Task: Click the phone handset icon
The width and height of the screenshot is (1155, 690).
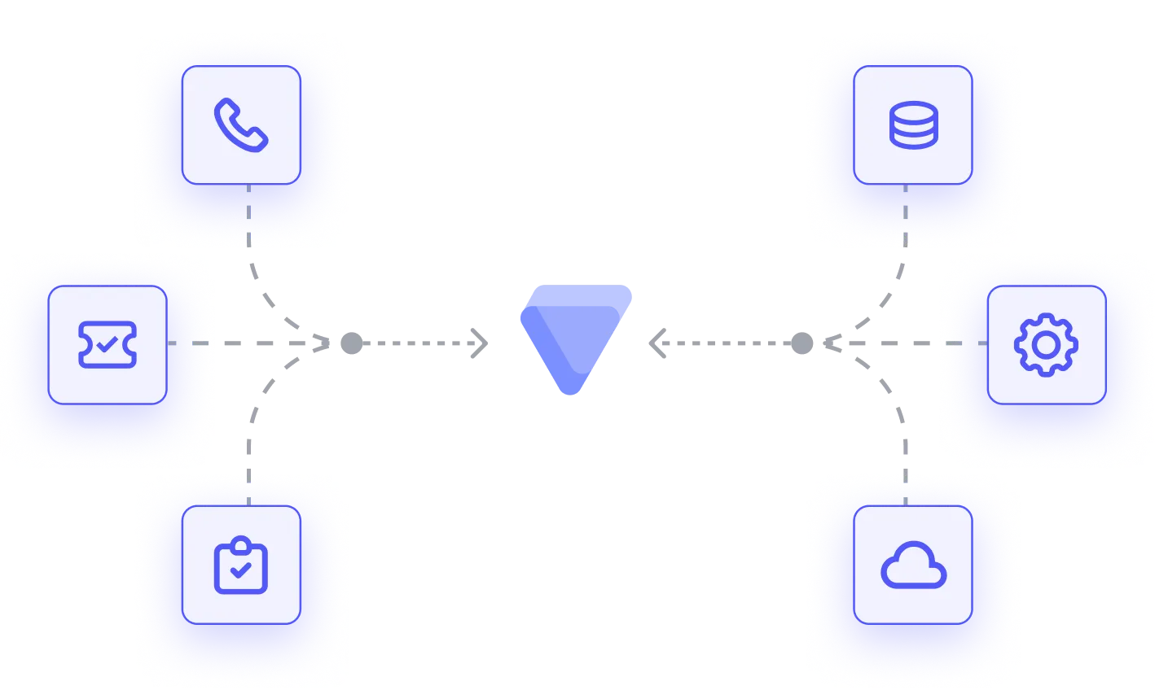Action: [x=241, y=124]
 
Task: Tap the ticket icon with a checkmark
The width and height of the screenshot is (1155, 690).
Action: [x=108, y=344]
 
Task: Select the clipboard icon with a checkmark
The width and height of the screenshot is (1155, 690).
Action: [x=241, y=565]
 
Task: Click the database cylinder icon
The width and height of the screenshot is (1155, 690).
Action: [x=912, y=124]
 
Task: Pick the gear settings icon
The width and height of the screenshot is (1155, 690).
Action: [x=1046, y=344]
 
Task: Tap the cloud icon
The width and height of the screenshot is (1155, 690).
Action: [x=913, y=566]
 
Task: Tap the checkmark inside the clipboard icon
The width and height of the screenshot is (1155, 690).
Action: [x=241, y=570]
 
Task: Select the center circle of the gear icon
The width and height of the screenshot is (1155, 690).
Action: [x=1046, y=344]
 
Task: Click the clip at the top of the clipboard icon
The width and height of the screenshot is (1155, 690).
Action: [x=241, y=543]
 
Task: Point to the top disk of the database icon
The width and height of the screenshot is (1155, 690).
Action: [x=912, y=109]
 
